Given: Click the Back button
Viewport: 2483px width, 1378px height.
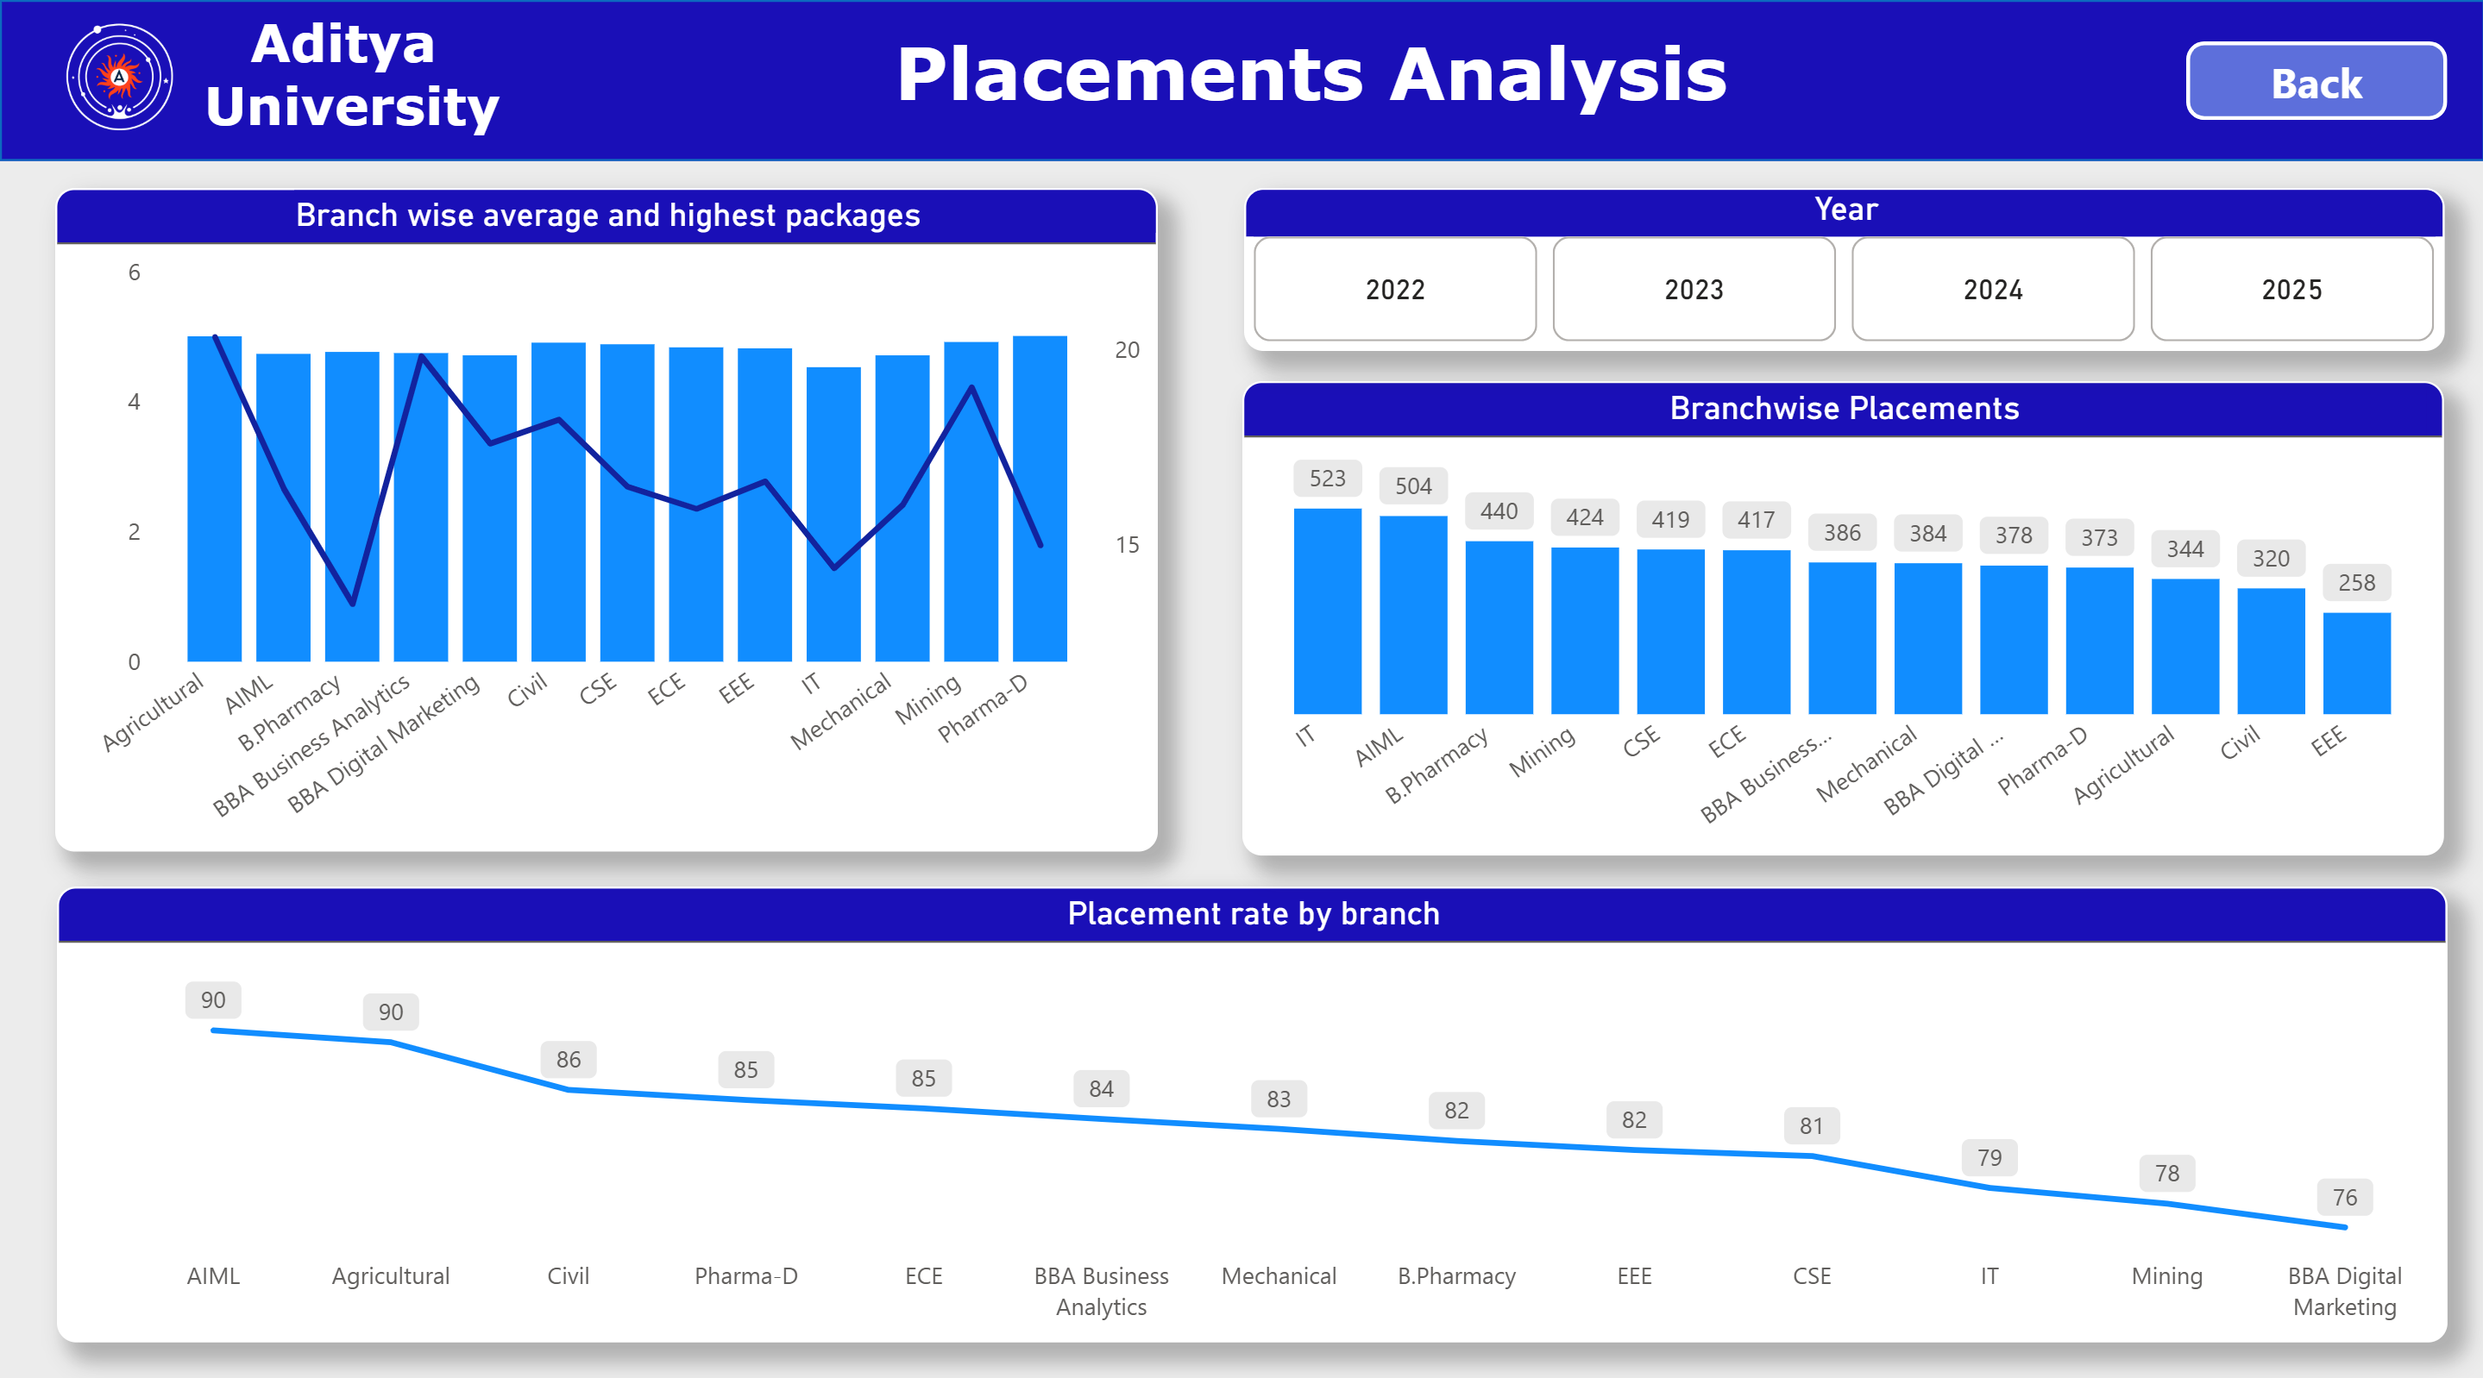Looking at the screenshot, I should point(2316,82).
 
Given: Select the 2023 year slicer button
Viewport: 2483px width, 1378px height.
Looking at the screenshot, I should point(1694,289).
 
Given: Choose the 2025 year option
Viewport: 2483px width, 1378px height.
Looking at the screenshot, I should point(2291,289).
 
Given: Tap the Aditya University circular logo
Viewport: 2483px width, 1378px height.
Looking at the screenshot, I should point(120,77).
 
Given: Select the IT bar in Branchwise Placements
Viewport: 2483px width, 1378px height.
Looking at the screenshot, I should point(1327,612).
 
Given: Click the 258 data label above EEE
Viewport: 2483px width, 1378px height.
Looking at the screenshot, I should point(2356,582).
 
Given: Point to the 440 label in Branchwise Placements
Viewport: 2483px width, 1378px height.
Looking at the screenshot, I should point(1499,510).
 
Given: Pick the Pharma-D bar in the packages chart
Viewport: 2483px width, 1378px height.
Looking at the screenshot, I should point(1039,499).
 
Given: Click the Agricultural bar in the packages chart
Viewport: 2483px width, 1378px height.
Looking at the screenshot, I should point(214,499).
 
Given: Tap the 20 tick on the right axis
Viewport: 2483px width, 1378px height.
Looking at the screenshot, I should point(1127,350).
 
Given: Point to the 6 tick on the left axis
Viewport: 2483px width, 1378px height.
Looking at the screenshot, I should point(134,272).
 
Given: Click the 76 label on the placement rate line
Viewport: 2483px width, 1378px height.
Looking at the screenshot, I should point(2344,1197).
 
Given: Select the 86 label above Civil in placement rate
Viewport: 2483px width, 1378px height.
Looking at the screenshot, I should point(568,1059).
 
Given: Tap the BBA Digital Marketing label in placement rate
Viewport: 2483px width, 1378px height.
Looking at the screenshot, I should point(2344,1290).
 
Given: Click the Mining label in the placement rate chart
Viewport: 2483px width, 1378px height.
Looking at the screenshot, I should point(2166,1276).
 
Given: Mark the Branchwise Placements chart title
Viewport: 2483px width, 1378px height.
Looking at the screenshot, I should point(1843,409).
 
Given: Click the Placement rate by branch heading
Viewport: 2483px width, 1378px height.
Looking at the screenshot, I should point(1252,913).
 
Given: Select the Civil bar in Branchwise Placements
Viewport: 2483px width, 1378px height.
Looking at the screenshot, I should point(2270,651).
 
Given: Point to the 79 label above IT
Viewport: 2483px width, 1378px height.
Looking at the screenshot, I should point(1989,1157).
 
